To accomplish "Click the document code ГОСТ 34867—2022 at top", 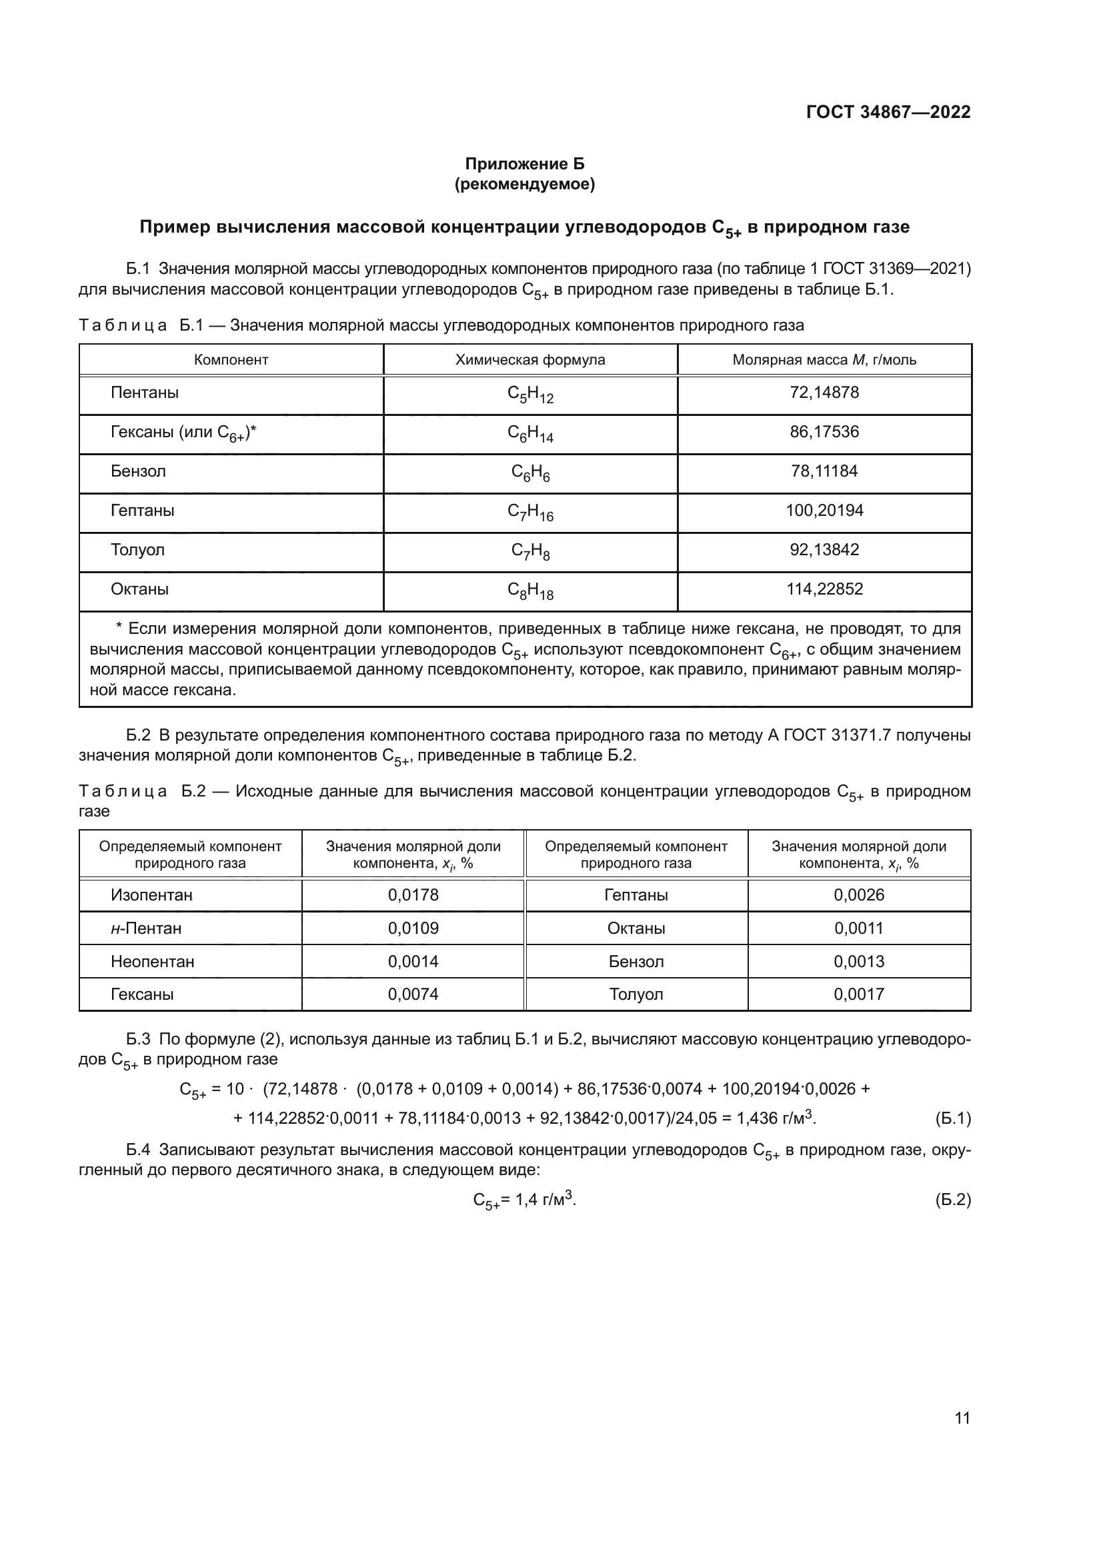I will click(888, 112).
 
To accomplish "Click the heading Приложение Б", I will click(523, 164).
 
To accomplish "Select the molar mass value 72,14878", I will click(824, 393).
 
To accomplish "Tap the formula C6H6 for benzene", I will click(529, 473).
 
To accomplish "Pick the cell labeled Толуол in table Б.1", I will click(138, 549).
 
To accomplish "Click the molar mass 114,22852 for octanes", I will click(824, 589).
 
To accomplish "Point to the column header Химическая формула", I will click(529, 360).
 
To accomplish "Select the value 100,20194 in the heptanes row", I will click(824, 510).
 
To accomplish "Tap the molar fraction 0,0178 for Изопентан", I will click(413, 895).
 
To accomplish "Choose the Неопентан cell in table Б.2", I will click(152, 962).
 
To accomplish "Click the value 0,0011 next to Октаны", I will click(858, 928).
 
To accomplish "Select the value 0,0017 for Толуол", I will click(858, 994).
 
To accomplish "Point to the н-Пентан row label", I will click(146, 928).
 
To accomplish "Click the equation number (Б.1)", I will click(952, 1118).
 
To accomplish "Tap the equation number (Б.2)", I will click(952, 1200).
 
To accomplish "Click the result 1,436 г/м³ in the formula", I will click(776, 1118).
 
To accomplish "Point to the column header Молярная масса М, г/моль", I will click(824, 360).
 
